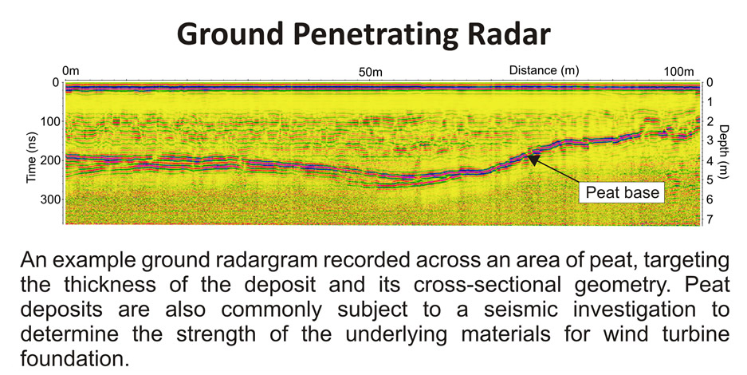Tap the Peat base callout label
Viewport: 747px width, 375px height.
click(x=622, y=192)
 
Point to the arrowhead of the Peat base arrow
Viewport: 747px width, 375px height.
click(x=533, y=159)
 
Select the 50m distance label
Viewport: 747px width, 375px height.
click(x=371, y=72)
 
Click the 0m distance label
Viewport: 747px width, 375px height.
click(x=71, y=72)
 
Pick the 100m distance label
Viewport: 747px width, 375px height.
click(x=679, y=72)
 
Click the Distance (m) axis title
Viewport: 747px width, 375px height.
click(x=544, y=70)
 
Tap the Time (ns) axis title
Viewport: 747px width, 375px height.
click(x=31, y=157)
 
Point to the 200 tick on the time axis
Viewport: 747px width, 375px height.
click(x=49, y=160)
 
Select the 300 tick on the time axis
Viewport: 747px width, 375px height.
click(x=49, y=199)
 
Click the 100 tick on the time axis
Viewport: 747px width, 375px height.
click(x=49, y=122)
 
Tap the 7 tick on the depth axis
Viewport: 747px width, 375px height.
click(x=710, y=219)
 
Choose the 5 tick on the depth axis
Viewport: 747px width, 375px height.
click(x=710, y=180)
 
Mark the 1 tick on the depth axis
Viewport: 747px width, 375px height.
click(x=710, y=102)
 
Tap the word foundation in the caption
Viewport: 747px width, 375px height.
click(x=75, y=357)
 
